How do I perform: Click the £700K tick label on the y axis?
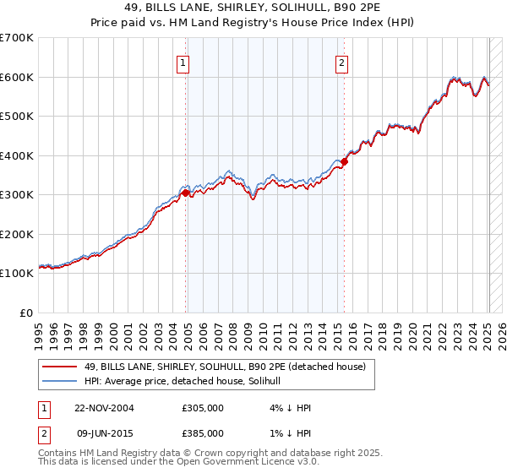tap(17, 38)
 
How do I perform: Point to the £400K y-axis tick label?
tap(17, 155)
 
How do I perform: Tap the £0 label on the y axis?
tap(27, 313)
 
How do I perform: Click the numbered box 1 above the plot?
tap(183, 62)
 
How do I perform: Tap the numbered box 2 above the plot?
tap(341, 62)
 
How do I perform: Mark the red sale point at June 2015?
tap(344, 162)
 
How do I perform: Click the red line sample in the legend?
tap(60, 367)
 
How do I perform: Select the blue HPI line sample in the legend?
tap(60, 381)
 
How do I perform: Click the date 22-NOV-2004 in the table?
tap(104, 408)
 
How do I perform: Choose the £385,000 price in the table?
tap(203, 432)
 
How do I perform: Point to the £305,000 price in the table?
tap(203, 408)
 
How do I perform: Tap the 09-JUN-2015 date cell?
tap(104, 432)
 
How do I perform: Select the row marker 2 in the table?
tap(41, 432)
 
